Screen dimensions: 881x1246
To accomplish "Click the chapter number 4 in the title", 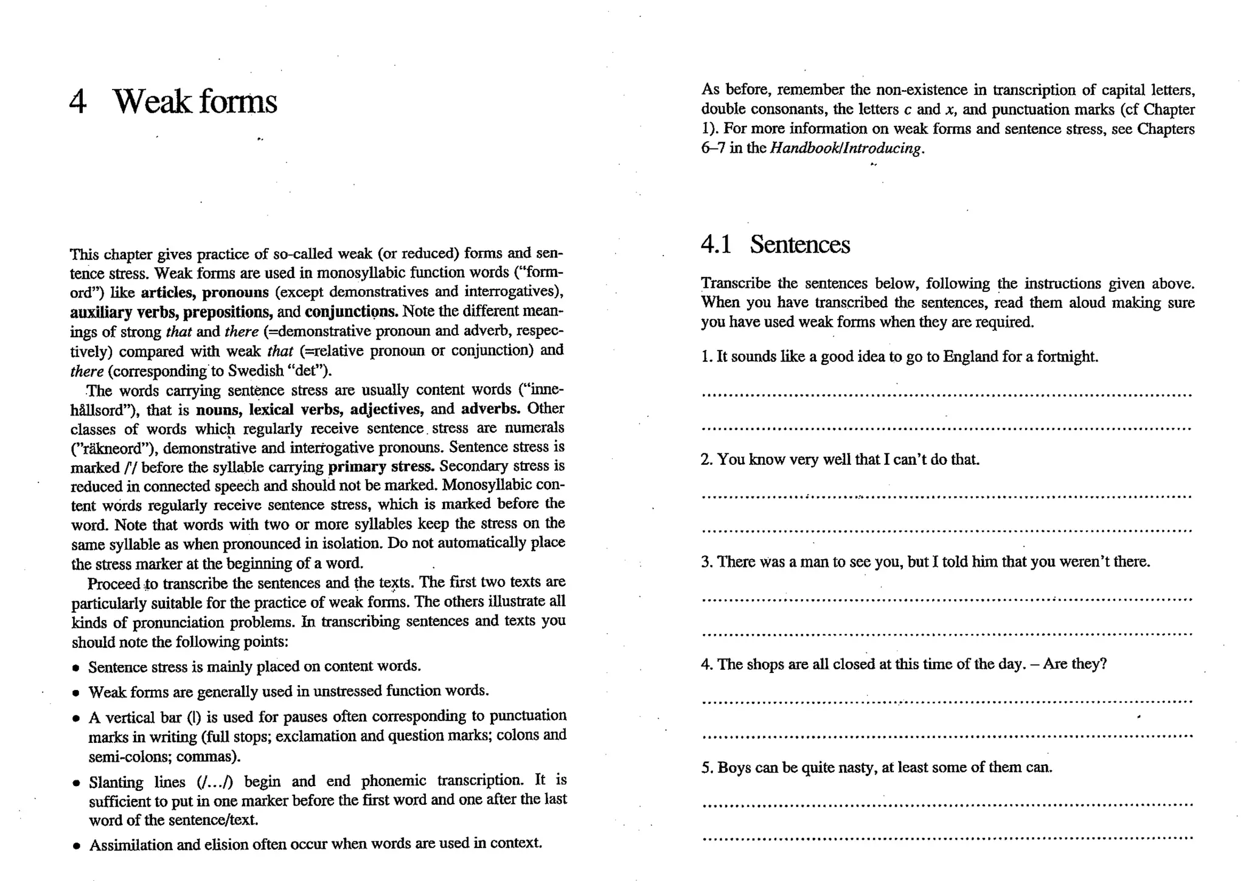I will (x=78, y=102).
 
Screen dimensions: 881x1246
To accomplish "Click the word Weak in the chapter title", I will (x=151, y=102).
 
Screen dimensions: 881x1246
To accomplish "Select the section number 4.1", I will (x=715, y=245).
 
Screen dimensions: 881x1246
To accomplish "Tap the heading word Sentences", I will (x=799, y=245).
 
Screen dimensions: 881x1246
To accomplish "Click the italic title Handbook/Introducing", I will (x=846, y=148).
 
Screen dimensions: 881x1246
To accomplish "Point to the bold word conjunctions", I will (x=351, y=312).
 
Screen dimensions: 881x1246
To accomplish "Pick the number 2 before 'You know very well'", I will (x=706, y=459).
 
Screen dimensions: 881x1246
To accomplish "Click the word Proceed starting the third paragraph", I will (x=114, y=584).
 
